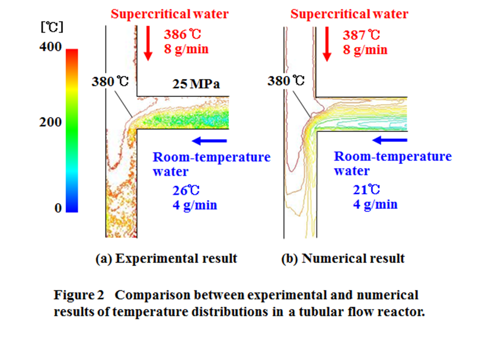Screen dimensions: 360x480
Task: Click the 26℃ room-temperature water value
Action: pyautogui.click(x=183, y=190)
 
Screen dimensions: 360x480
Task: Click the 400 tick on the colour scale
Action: pyautogui.click(x=50, y=47)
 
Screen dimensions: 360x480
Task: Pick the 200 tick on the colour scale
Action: pyautogui.click(x=50, y=122)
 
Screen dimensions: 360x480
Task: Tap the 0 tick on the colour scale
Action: pyautogui.click(x=58, y=208)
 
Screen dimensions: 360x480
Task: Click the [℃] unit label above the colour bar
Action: pyautogui.click(x=51, y=26)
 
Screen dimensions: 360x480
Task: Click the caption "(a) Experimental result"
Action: pyautogui.click(x=166, y=258)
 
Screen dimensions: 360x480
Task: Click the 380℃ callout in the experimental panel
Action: pyautogui.click(x=110, y=81)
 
